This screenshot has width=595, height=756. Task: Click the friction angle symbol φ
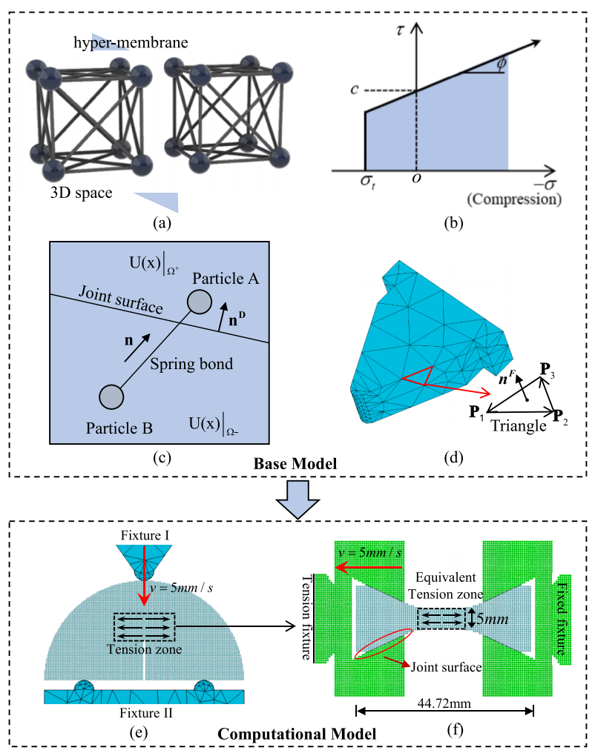pyautogui.click(x=502, y=64)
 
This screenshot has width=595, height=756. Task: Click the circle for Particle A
pyautogui.click(x=199, y=302)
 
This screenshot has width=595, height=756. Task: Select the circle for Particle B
pyautogui.click(x=111, y=397)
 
